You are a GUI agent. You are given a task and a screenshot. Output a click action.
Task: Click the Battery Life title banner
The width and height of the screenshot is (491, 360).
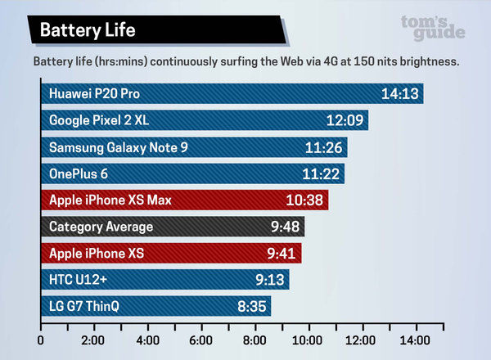pos(82,30)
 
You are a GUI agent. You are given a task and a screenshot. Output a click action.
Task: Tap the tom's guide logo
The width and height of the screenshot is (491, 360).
pos(433,27)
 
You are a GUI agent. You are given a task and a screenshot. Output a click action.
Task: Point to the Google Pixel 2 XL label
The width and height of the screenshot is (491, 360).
pos(99,120)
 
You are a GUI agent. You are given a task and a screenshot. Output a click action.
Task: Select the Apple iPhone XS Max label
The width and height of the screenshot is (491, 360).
pos(110,200)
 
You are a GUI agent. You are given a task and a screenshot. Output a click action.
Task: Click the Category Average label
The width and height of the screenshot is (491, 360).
pos(101,227)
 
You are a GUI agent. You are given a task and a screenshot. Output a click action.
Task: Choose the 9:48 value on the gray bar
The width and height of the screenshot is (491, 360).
pos(282,227)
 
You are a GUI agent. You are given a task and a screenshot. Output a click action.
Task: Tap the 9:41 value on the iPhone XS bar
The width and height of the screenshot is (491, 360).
pos(279,254)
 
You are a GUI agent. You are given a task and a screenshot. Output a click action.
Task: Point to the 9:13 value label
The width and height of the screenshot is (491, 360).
pos(268,280)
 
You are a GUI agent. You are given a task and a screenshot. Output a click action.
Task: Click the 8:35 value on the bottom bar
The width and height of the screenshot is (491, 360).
pos(250,307)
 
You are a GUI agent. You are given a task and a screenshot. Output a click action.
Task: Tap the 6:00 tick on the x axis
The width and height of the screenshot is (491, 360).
pos(201,340)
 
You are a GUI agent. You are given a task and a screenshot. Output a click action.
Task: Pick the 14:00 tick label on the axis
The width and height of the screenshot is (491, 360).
pos(415,340)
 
